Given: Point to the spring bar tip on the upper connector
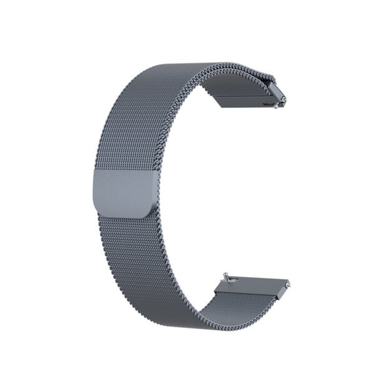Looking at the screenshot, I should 285,99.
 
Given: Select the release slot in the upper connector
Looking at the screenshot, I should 267,104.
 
